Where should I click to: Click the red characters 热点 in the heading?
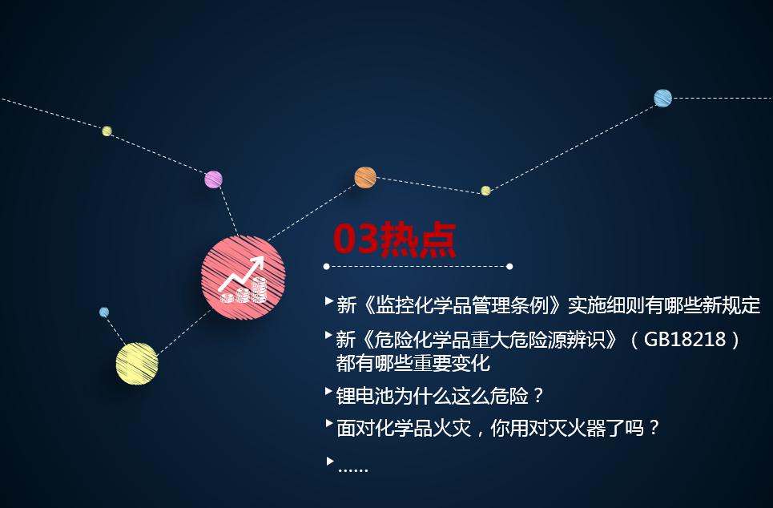click(418, 240)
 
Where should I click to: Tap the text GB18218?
click(685, 339)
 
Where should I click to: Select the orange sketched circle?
click(365, 178)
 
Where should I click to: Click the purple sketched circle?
click(213, 179)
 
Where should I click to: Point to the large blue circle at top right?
click(662, 98)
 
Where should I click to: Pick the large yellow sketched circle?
click(137, 364)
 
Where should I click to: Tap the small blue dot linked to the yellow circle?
click(104, 312)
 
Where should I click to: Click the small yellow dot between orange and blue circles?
click(485, 191)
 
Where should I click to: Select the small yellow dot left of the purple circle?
click(107, 131)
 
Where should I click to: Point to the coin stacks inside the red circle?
click(244, 291)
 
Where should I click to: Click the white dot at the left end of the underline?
click(326, 266)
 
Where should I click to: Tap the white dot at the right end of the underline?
click(509, 266)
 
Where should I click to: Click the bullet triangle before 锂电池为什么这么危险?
click(328, 392)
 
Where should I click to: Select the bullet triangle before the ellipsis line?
click(330, 462)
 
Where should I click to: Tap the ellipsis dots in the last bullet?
click(353, 471)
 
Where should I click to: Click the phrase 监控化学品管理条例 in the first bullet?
click(462, 306)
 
